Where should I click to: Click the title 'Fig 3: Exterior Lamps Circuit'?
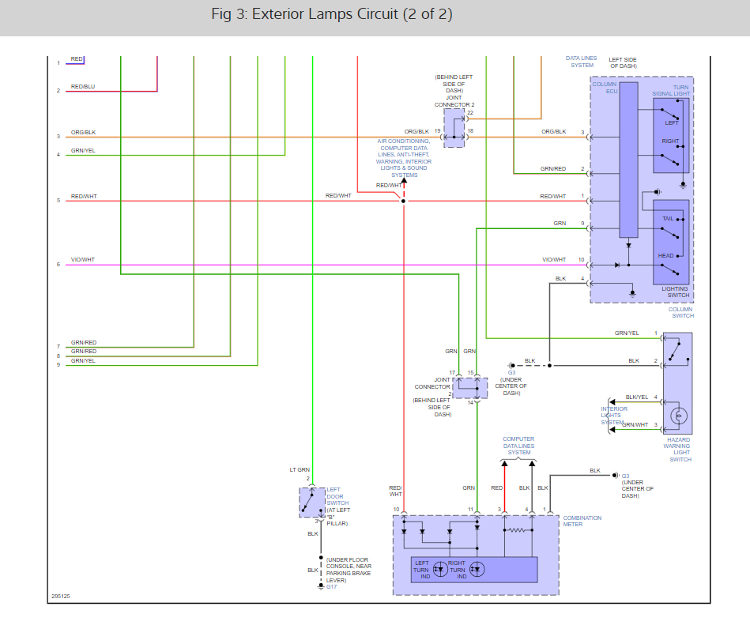click(x=332, y=15)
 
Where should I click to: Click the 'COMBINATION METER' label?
click(x=582, y=521)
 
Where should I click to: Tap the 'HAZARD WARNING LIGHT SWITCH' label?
click(x=680, y=450)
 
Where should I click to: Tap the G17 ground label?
click(x=331, y=587)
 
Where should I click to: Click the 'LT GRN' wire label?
click(x=299, y=469)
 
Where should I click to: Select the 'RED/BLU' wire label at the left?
click(x=82, y=86)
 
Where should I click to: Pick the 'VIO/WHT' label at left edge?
click(x=82, y=260)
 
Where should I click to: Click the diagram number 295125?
click(x=60, y=597)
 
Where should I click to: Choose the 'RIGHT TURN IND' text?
click(x=457, y=569)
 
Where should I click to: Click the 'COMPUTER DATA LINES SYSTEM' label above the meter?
click(x=518, y=446)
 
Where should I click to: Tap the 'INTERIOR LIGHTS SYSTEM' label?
click(x=614, y=416)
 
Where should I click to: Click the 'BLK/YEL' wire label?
click(x=636, y=397)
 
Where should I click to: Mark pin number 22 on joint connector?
click(x=470, y=112)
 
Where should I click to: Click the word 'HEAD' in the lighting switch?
click(x=665, y=256)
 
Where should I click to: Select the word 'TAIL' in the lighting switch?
click(x=667, y=218)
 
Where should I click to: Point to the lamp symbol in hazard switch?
click(x=677, y=416)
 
